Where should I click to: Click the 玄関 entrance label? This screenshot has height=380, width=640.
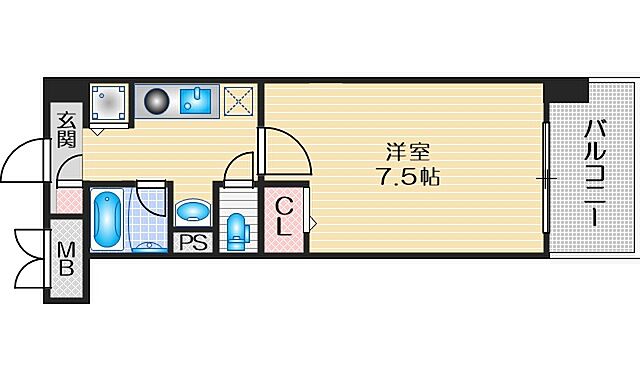click(66, 129)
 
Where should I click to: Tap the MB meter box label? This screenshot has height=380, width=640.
click(66, 259)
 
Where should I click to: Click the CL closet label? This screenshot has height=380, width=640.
click(284, 217)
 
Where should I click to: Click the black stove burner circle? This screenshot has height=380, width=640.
click(157, 101)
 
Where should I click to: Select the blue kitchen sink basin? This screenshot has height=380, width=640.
click(200, 101)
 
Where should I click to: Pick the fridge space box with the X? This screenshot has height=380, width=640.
click(239, 101)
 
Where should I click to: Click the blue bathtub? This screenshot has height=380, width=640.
click(107, 220)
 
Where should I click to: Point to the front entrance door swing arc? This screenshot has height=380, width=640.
click(25, 160)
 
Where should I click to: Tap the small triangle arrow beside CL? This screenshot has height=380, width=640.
click(311, 221)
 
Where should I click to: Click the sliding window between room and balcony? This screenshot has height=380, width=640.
click(546, 177)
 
